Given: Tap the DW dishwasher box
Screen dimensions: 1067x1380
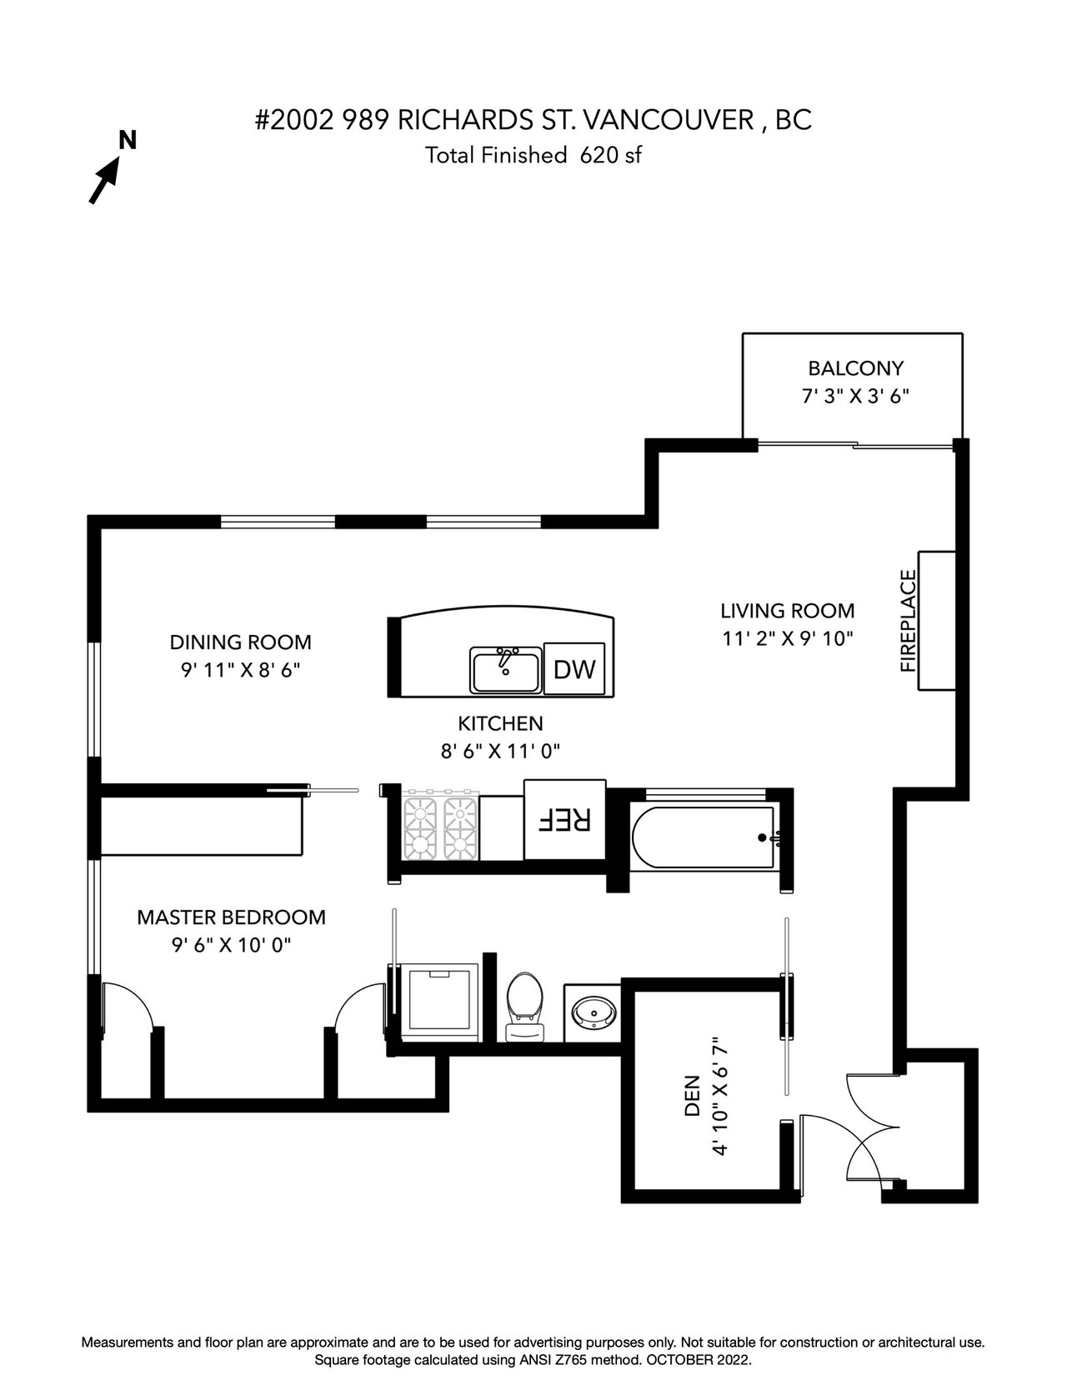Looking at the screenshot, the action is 574,668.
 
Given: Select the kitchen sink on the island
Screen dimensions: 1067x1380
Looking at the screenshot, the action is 505,668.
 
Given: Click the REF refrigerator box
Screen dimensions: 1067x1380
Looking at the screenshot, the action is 564,819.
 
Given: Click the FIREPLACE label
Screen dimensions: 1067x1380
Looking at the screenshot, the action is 909,621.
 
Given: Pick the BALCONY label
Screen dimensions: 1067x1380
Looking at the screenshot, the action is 855,368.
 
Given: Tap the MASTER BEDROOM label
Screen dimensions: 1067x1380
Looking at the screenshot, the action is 231,917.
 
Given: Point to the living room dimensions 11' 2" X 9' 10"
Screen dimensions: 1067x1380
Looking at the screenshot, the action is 787,638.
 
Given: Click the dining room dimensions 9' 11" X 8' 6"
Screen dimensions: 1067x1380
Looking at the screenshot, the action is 241,670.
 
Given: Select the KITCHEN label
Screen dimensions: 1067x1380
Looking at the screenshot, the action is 500,723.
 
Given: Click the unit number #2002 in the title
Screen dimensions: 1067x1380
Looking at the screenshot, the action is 294,120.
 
